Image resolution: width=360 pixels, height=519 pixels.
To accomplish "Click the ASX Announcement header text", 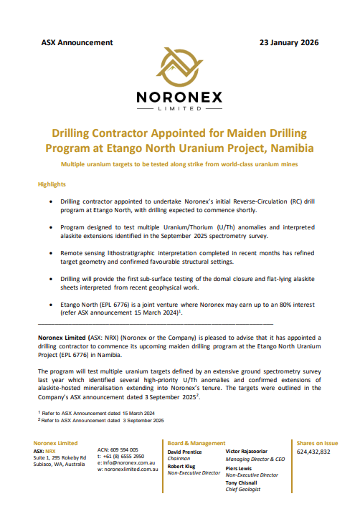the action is tap(77, 42).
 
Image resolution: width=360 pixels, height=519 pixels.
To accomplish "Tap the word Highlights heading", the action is tap(52, 184).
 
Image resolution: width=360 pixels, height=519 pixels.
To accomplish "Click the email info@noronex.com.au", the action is tap(124, 463).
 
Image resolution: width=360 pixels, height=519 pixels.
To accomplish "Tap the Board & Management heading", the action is tap(196, 443).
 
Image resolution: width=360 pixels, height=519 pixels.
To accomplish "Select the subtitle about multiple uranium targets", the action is tap(179, 165).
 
